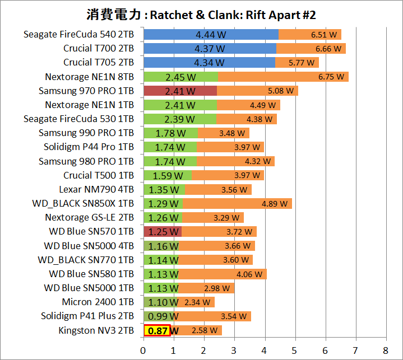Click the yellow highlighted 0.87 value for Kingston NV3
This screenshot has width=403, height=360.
(158, 330)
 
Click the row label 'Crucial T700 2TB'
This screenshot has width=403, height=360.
(98, 49)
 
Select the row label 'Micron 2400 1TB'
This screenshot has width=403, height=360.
(99, 302)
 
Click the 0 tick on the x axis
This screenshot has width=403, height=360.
(143, 351)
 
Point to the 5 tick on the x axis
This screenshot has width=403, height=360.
(295, 351)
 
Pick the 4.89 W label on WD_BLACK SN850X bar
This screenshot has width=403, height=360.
(274, 204)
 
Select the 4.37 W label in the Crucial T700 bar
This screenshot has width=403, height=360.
(209, 49)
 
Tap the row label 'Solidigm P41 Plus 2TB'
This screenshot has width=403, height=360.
(87, 316)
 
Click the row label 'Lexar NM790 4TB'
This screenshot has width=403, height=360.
(96, 189)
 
